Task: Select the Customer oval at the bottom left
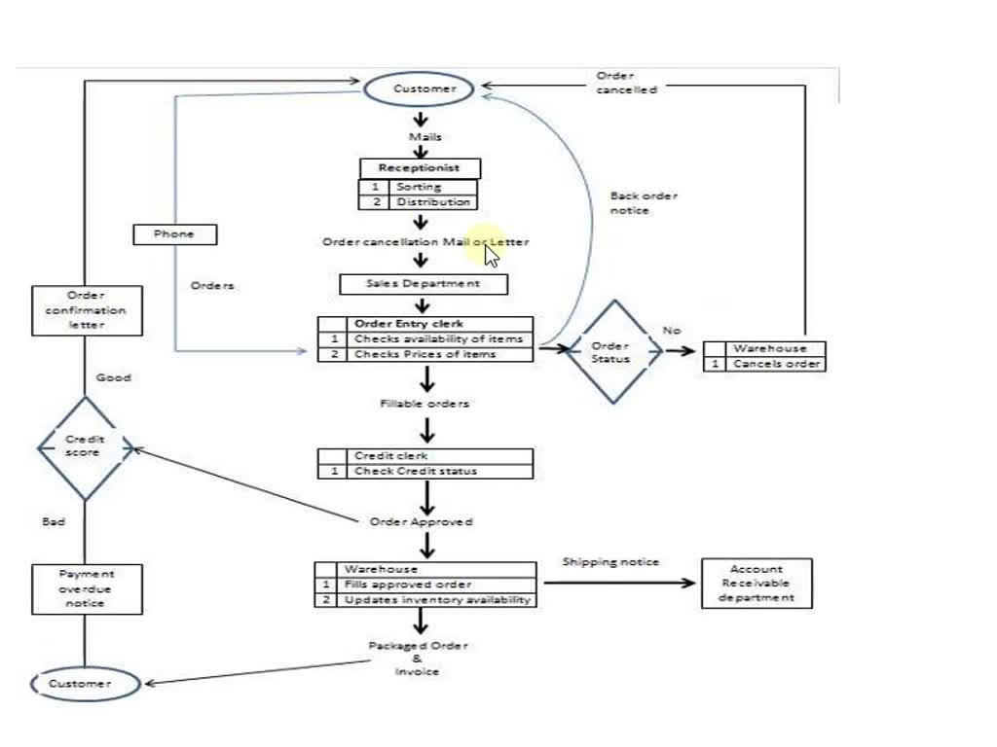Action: (82, 684)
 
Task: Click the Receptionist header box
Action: (420, 168)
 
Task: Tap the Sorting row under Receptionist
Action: (419, 187)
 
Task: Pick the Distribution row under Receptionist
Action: (419, 202)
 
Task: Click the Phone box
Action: (174, 234)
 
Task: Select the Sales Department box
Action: (424, 284)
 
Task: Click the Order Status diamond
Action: (611, 352)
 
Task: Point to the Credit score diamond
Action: (85, 446)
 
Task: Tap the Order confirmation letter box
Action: (87, 310)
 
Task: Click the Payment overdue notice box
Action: (86, 588)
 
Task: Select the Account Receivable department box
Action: (757, 584)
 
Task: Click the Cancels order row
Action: (765, 364)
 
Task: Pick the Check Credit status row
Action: (425, 471)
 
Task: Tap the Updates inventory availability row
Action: (425, 600)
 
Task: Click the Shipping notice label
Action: (610, 562)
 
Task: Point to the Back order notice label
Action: (644, 203)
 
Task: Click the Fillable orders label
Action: (425, 404)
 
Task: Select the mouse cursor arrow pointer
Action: (491, 256)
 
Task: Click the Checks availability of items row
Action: (425, 339)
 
